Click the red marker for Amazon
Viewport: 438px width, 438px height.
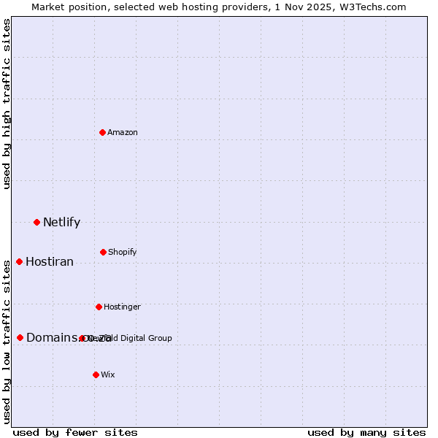[x=102, y=132]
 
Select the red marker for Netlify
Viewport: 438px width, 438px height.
[x=36, y=222]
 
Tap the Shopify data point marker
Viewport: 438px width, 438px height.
[x=103, y=252]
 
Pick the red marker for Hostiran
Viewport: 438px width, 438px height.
[x=19, y=261]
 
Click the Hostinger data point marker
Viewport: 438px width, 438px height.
[x=99, y=307]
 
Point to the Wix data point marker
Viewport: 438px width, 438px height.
[x=96, y=374]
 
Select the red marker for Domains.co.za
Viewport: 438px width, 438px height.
[x=20, y=337]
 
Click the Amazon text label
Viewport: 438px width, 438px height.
[x=123, y=133]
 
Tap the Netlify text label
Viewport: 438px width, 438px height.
[x=61, y=223]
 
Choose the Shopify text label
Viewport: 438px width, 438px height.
[x=122, y=253]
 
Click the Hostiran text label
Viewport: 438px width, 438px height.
[x=50, y=262]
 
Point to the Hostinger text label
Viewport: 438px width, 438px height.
[x=122, y=307]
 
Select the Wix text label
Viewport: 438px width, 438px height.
[x=108, y=375]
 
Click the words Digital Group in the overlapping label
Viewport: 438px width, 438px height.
[x=145, y=338]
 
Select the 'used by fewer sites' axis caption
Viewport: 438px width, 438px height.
[x=75, y=432]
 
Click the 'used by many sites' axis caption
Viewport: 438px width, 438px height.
[x=366, y=432]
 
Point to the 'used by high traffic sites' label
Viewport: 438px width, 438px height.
[x=7, y=104]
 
